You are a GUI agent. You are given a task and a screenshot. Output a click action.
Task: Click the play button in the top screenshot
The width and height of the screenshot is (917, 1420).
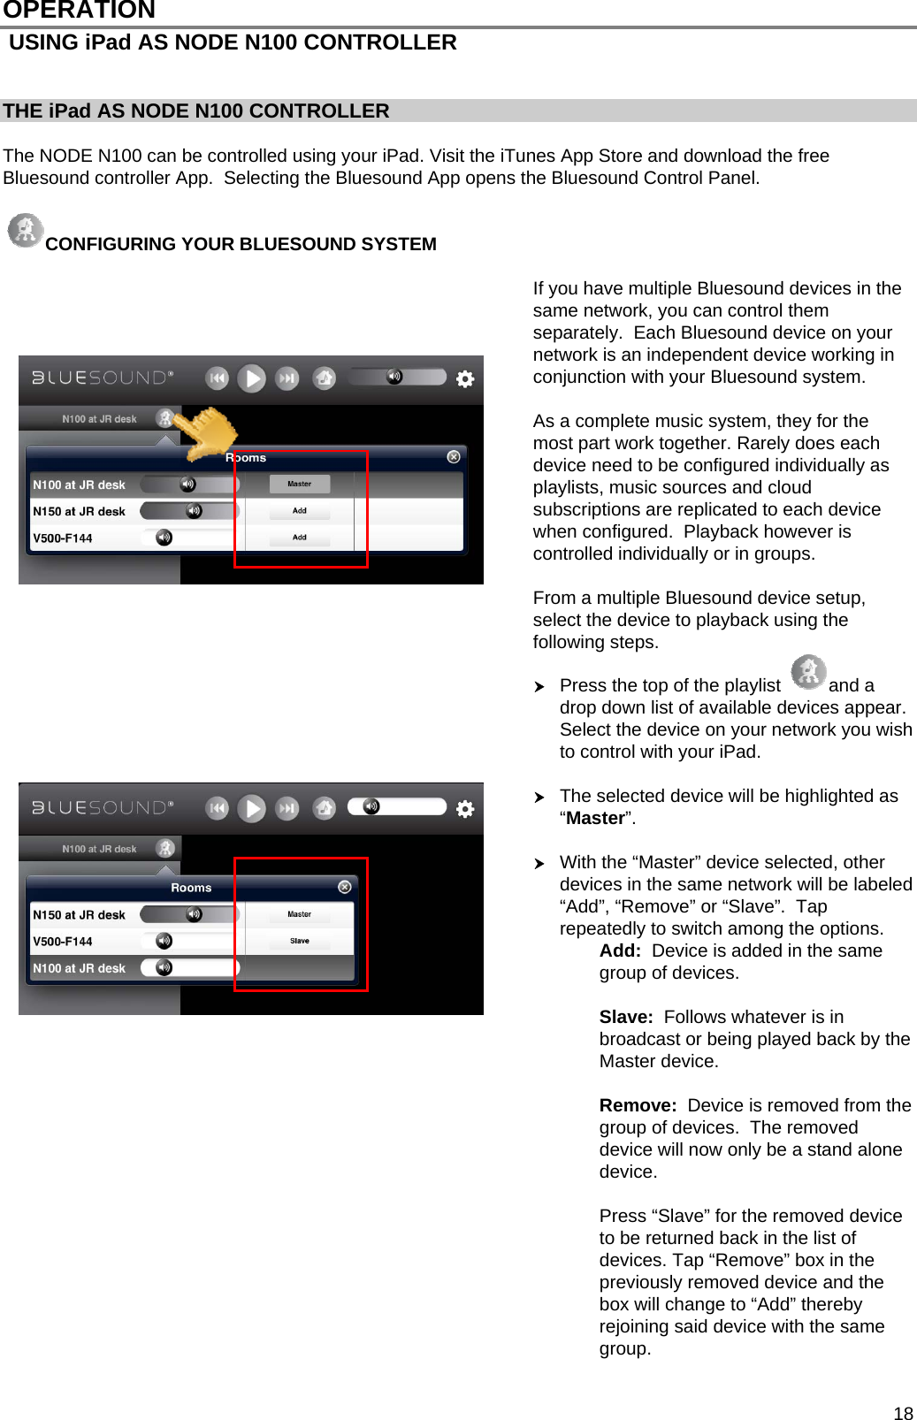(x=252, y=379)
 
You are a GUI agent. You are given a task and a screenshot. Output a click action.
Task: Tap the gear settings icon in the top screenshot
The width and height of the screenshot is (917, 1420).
(x=465, y=379)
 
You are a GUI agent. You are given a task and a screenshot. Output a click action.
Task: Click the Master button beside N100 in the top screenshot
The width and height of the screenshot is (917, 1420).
(x=299, y=484)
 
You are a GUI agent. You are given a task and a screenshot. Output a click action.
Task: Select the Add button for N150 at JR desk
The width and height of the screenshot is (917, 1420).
(x=299, y=511)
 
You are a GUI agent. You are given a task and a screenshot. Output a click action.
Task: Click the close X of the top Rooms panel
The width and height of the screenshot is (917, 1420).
(x=454, y=457)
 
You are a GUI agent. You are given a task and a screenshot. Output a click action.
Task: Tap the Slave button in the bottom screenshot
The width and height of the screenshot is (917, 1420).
(x=299, y=941)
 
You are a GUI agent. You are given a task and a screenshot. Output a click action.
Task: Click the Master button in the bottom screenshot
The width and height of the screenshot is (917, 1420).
(x=299, y=914)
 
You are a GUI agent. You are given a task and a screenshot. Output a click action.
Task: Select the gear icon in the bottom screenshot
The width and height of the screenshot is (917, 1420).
(x=465, y=809)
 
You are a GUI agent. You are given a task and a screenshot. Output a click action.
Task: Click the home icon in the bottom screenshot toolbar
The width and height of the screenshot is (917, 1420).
(x=325, y=808)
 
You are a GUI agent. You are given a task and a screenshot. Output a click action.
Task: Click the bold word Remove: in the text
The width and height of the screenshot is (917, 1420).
(x=638, y=1105)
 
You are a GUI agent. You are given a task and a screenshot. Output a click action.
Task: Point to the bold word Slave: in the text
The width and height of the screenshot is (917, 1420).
(x=626, y=1017)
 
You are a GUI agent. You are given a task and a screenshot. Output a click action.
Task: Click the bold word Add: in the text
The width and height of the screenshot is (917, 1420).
(x=620, y=950)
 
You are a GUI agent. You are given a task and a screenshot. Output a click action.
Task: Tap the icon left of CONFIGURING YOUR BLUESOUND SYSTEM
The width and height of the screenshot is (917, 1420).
(x=26, y=231)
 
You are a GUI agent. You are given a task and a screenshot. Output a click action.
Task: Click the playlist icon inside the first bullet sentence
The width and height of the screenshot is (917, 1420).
(x=808, y=673)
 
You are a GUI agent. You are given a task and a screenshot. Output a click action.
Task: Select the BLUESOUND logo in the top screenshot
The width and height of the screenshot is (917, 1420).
(x=103, y=378)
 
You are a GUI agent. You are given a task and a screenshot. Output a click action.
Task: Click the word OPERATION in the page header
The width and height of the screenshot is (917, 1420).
(x=80, y=11)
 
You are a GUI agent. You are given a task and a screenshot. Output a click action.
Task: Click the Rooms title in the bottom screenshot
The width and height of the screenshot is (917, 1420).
(x=191, y=888)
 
